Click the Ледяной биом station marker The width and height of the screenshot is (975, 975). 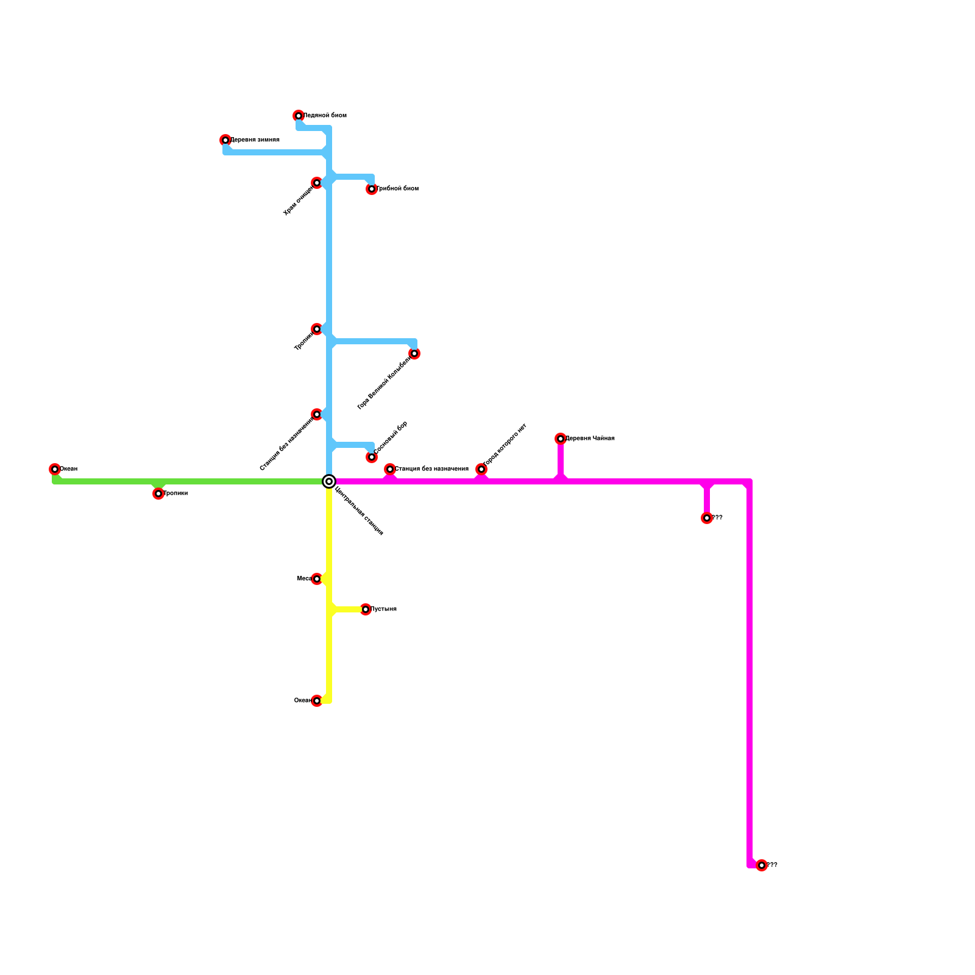[299, 116]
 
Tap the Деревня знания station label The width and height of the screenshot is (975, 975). [255, 140]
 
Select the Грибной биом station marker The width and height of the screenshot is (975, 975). [372, 189]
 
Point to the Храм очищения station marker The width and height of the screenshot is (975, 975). [317, 183]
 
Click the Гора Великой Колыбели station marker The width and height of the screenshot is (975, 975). [414, 353]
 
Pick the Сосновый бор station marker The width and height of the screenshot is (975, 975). [372, 457]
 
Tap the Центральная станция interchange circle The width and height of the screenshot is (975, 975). [329, 481]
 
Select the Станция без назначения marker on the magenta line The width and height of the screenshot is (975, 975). [390, 469]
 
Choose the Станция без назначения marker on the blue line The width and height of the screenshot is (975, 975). [317, 414]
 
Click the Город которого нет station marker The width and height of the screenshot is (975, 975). [481, 469]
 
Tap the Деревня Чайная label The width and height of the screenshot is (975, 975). [590, 439]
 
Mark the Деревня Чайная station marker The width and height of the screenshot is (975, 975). [561, 439]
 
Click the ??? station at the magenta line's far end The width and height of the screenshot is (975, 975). [762, 865]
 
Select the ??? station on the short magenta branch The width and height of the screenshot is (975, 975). [707, 518]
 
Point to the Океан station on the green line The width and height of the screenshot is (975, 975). [55, 469]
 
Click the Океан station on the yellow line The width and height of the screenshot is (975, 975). [317, 701]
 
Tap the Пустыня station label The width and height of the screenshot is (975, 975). [384, 609]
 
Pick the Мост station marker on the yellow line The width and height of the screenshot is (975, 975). [317, 579]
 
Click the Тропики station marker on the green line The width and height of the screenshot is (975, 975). [158, 494]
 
